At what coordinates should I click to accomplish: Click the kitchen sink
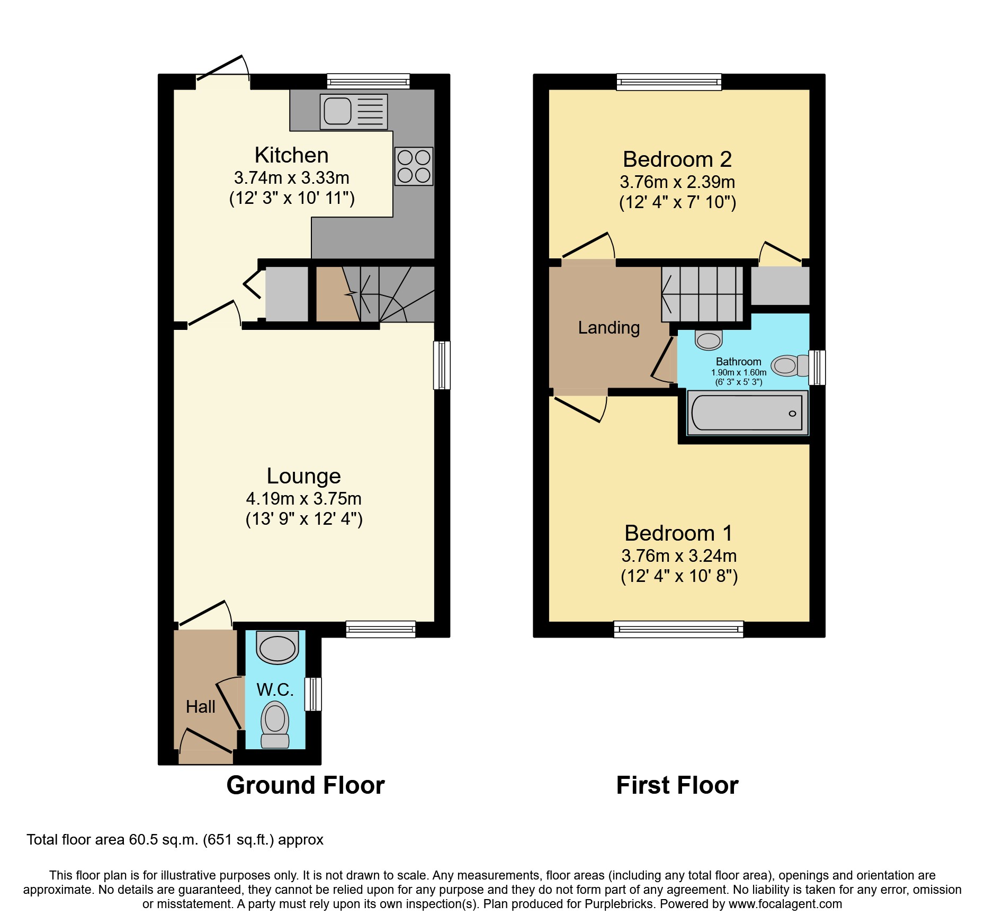point(354,112)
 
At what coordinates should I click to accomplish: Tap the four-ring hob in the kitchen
point(414,166)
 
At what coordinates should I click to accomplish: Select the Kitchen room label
point(291,155)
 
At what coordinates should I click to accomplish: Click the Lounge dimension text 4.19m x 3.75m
point(304,498)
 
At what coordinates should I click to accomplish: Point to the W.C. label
point(275,689)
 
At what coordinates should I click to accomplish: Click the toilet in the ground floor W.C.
point(275,724)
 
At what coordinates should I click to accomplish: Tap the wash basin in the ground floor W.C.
point(277,647)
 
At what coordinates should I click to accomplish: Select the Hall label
point(201,707)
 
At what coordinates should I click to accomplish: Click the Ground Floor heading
point(306,785)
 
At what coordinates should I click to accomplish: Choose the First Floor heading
point(677,785)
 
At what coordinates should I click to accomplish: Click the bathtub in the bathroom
point(747,412)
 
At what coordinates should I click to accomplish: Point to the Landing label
point(609,328)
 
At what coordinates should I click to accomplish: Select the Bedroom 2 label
point(677,159)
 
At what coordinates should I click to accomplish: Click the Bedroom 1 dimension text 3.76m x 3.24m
point(679,555)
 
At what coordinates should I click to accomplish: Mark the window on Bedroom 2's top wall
point(669,82)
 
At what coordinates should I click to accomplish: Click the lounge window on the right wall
point(442,365)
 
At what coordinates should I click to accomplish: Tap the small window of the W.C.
point(313,694)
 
